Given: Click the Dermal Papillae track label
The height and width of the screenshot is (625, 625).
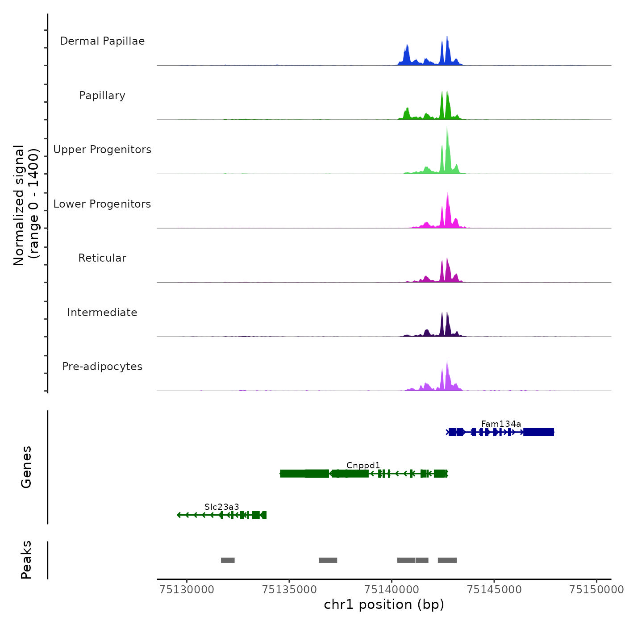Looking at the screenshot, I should (102, 41).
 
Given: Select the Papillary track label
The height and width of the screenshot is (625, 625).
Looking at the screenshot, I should (102, 96).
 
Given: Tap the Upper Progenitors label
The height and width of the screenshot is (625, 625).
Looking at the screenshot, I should (102, 150).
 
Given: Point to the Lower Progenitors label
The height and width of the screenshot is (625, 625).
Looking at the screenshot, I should (102, 204).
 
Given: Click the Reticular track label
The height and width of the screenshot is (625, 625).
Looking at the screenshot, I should (102, 258).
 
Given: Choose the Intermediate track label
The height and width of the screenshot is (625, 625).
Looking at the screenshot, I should (102, 312).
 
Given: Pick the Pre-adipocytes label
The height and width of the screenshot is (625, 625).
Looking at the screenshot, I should (102, 367).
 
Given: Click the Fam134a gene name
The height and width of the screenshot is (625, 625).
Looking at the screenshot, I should (501, 424).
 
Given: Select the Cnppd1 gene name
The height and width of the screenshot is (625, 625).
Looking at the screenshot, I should (363, 465).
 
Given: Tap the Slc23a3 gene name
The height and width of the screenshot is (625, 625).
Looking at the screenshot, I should (221, 507).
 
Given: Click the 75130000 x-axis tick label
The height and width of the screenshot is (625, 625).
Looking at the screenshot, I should (187, 590).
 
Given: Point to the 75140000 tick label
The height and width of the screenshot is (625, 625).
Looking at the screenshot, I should (392, 590).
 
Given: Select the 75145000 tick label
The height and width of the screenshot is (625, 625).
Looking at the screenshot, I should (494, 590).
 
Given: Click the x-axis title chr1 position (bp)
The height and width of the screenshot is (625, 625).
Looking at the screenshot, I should (384, 604).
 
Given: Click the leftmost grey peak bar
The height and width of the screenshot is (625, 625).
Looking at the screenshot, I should (228, 560).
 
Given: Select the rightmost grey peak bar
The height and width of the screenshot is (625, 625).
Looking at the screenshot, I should (447, 560).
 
